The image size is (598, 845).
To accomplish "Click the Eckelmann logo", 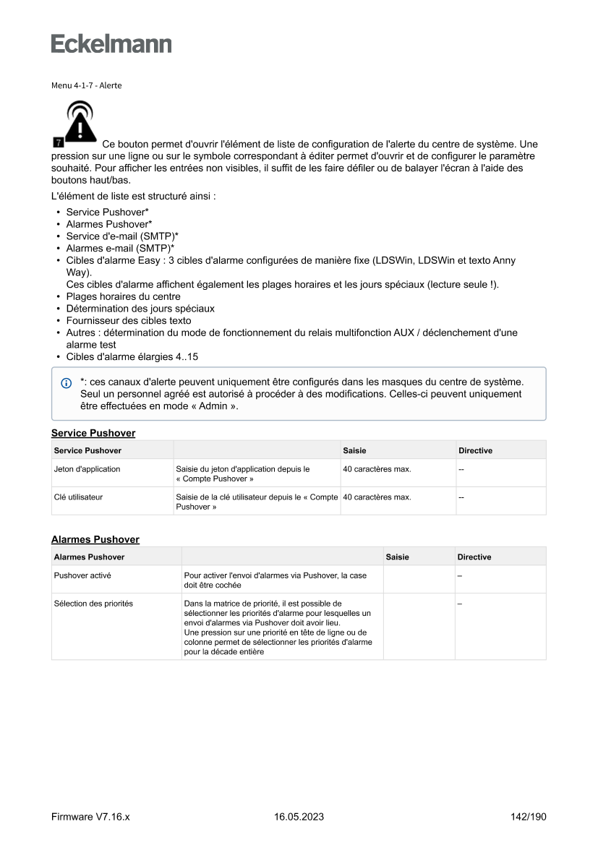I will (x=111, y=44).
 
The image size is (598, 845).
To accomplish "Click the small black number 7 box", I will (x=58, y=139).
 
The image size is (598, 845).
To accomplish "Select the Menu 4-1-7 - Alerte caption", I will (x=86, y=85).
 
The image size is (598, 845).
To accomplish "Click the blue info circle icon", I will (x=67, y=382).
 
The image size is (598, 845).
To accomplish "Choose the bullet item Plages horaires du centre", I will (x=123, y=296).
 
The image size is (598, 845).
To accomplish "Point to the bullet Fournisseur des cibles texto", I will (x=129, y=320).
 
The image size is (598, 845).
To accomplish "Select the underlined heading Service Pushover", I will (x=93, y=433).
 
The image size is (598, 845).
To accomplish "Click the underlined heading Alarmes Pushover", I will (x=95, y=539).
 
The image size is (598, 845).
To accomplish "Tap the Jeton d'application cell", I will (x=87, y=469).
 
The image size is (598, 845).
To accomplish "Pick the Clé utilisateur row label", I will (x=77, y=497).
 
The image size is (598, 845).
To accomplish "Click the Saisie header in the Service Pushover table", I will (x=354, y=450).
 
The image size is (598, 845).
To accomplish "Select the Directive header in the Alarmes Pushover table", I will (x=474, y=557).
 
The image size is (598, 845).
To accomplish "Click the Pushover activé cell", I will (x=82, y=575).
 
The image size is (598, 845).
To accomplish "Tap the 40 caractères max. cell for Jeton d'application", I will (x=377, y=469).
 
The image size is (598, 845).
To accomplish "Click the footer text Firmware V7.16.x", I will (x=90, y=817).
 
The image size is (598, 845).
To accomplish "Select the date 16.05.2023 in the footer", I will (x=299, y=817).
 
